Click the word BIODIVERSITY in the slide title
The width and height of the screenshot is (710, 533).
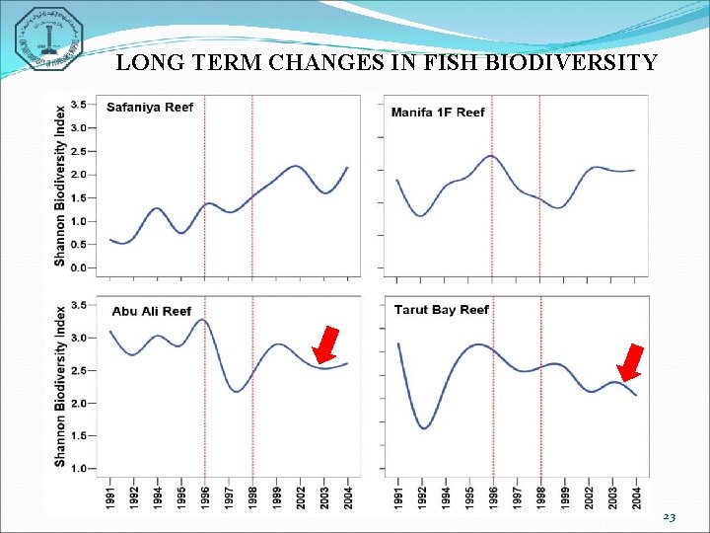[573, 64]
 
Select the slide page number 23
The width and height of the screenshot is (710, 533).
[670, 517]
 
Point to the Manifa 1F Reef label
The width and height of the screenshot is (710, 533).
[438, 112]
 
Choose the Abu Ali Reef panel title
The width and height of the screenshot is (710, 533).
[151, 311]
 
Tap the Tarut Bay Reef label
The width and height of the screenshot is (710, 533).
[441, 309]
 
